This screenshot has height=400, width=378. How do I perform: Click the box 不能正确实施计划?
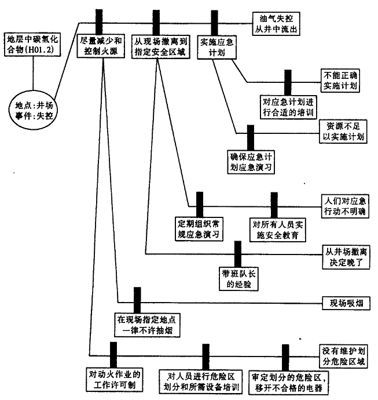point(342,80)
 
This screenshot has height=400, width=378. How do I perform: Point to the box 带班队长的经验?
point(236,279)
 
